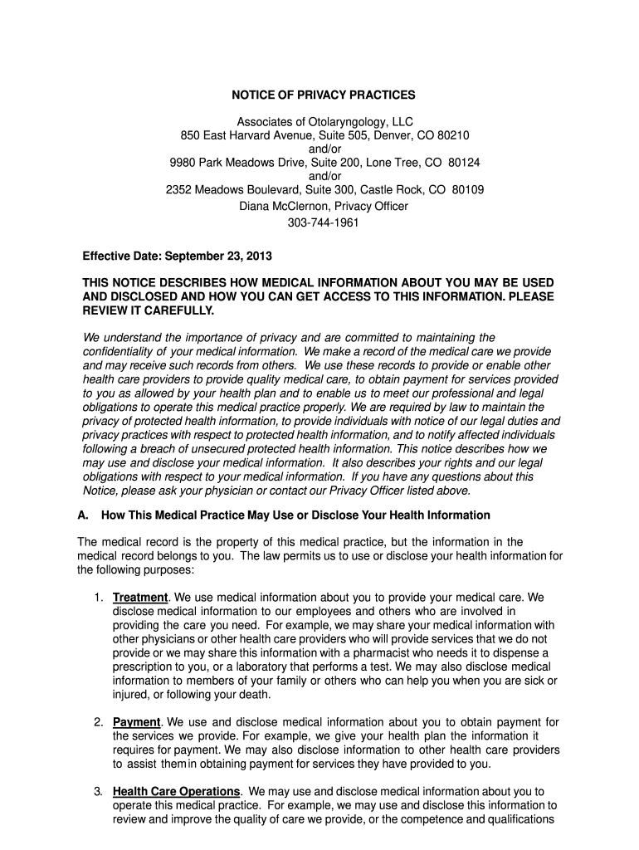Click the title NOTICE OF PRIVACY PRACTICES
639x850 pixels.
[x=324, y=95]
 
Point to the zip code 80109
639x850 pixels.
[x=468, y=190]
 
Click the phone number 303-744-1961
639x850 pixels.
[x=324, y=223]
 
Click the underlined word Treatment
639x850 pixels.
[x=140, y=597]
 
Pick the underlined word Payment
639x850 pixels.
[x=136, y=721]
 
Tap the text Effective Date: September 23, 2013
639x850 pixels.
[x=177, y=256]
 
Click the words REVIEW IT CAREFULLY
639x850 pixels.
[x=148, y=310]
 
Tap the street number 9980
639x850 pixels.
[x=183, y=163]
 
